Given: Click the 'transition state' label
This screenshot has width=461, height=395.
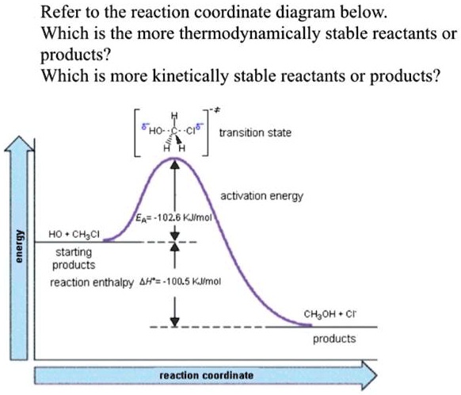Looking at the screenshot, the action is pyautogui.click(x=255, y=132).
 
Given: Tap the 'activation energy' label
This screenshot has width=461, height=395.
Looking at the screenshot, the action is pyautogui.click(x=261, y=196).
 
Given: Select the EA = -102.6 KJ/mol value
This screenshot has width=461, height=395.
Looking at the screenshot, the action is pyautogui.click(x=173, y=218).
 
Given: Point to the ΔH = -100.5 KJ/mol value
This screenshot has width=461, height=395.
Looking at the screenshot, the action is pyautogui.click(x=180, y=282).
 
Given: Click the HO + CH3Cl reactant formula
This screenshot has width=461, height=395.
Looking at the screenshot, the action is pyautogui.click(x=74, y=234).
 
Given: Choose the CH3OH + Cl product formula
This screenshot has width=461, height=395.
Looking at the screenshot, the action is pyautogui.click(x=330, y=314).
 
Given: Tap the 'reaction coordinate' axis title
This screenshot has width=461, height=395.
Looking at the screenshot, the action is pyautogui.click(x=207, y=376).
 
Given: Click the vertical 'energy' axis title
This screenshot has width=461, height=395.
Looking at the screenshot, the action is pyautogui.click(x=19, y=246).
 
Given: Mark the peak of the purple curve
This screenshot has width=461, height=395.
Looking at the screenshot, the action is pyautogui.click(x=175, y=158).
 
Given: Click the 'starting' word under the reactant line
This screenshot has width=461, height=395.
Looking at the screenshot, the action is pyautogui.click(x=74, y=252).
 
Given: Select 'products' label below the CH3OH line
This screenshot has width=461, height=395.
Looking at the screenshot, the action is pyautogui.click(x=334, y=339).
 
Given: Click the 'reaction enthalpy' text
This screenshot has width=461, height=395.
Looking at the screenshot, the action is pyautogui.click(x=91, y=282).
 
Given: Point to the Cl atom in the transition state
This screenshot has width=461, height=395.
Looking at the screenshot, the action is pyautogui.click(x=191, y=131).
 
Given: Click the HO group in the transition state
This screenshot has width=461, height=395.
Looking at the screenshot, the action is pyautogui.click(x=155, y=131).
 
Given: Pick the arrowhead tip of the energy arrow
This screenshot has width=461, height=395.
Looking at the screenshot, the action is pyautogui.click(x=19, y=136).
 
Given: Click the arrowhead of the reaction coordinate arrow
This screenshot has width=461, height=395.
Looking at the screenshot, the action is pyautogui.click(x=376, y=376).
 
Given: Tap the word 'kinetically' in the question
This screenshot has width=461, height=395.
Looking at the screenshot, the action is pyautogui.click(x=190, y=75).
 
